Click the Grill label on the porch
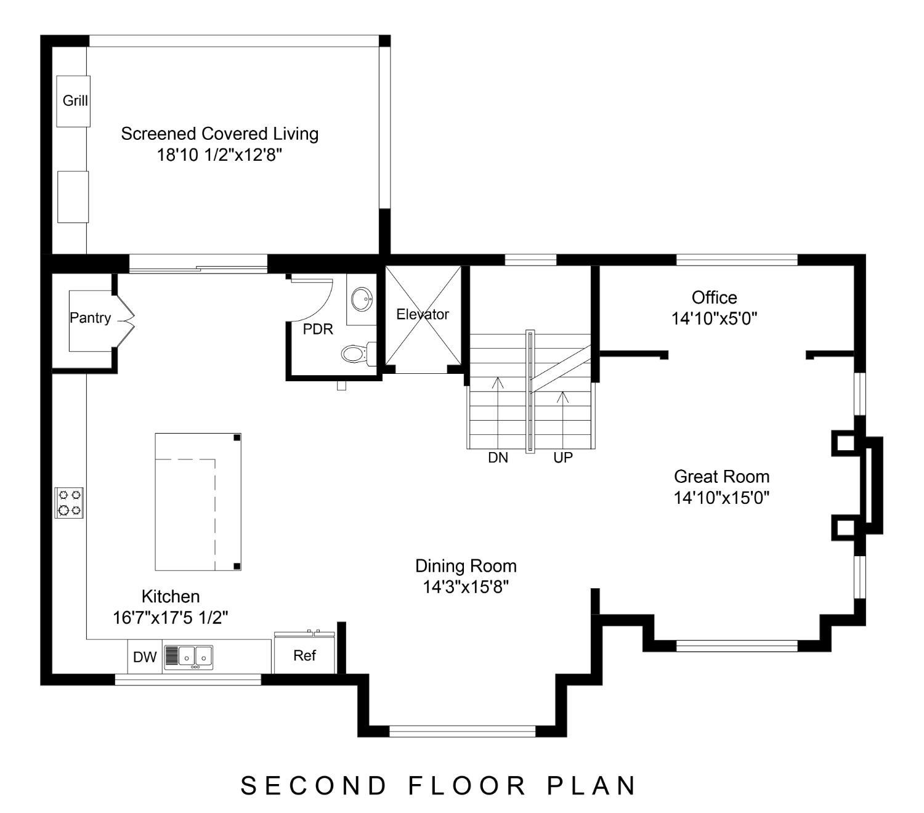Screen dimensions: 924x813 pyautogui.click(x=75, y=100)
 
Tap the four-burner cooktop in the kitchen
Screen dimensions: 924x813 pyautogui.click(x=69, y=503)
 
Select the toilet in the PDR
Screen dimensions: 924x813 pyautogui.click(x=359, y=353)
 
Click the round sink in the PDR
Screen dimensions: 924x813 pyautogui.click(x=362, y=299)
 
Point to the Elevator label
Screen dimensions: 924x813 pyautogui.click(x=423, y=314)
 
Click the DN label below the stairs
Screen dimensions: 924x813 pyautogui.click(x=498, y=458)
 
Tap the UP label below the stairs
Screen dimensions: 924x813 pyautogui.click(x=563, y=458)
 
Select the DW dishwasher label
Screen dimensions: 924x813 pyautogui.click(x=145, y=657)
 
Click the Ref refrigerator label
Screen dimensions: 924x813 pyautogui.click(x=305, y=656)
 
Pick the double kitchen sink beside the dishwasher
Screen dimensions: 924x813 pyautogui.click(x=189, y=658)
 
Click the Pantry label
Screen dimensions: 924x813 pyautogui.click(x=91, y=317)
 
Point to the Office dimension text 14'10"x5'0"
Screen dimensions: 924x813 pyautogui.click(x=714, y=318)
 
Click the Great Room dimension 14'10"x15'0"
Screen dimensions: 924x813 pyautogui.click(x=721, y=498)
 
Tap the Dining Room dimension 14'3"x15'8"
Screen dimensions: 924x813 pyautogui.click(x=466, y=587)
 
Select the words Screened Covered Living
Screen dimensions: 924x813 pyautogui.click(x=219, y=134)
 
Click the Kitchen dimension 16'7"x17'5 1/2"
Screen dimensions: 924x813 pyautogui.click(x=170, y=618)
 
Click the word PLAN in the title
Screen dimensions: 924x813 pyautogui.click(x=591, y=786)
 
